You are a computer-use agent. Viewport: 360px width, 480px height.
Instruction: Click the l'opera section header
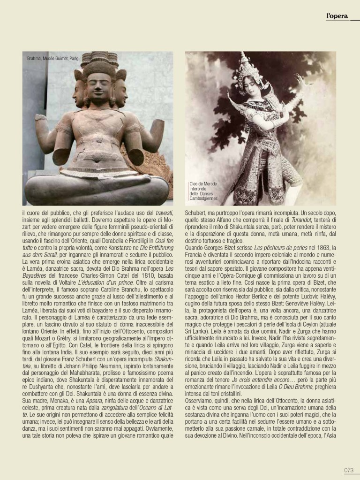click(337, 17)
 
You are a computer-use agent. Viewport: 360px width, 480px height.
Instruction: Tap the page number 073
click(348, 470)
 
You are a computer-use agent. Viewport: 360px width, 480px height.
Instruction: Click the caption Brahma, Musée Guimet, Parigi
click(53, 58)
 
